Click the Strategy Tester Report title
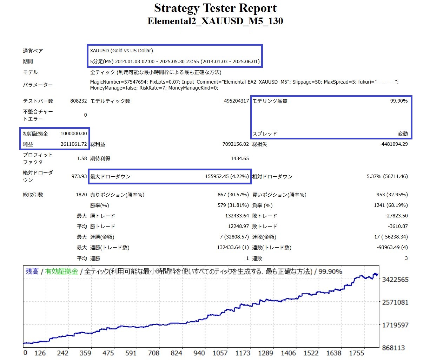pyautogui.click(x=215, y=8)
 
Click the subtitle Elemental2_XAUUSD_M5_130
pyautogui.click(x=215, y=21)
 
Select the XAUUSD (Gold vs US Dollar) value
pyautogui.click(x=121, y=51)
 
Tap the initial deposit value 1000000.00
pyautogui.click(x=73, y=133)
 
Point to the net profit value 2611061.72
pyautogui.click(x=73, y=144)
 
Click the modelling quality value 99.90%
pyautogui.click(x=399, y=101)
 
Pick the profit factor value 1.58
pyautogui.click(x=82, y=158)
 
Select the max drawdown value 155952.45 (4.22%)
pyautogui.click(x=227, y=176)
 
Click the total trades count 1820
pyautogui.click(x=81, y=195)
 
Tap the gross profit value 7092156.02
pyautogui.click(x=236, y=144)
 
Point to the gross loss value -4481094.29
pyautogui.click(x=393, y=144)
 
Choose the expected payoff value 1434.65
pyautogui.click(x=240, y=158)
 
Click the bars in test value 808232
pyautogui.click(x=78, y=101)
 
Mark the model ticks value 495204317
pyautogui.click(x=236, y=101)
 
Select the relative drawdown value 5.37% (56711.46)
pyautogui.click(x=387, y=176)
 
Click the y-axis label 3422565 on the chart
pyautogui.click(x=395, y=280)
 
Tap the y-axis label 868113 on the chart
pyautogui.click(x=393, y=348)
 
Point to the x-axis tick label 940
pyautogui.click(x=199, y=353)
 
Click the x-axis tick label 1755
pyautogui.click(x=356, y=353)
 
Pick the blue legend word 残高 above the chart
pyautogui.click(x=32, y=271)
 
